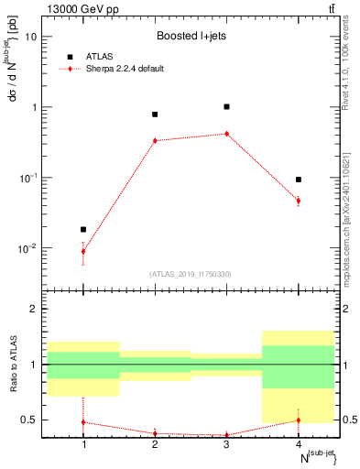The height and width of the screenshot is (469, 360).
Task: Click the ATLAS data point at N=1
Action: click(x=83, y=229)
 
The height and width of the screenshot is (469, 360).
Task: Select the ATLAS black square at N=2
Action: click(x=155, y=115)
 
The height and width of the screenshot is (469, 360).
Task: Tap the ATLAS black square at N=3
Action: click(x=226, y=106)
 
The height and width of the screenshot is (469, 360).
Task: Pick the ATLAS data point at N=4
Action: click(x=299, y=180)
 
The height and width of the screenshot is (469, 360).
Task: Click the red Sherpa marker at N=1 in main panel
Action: click(x=83, y=251)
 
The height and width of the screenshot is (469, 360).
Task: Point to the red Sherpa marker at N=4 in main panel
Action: click(x=299, y=201)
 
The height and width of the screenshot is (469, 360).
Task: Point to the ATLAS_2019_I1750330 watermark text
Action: click(x=191, y=273)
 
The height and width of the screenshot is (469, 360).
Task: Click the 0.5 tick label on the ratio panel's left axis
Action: click(x=32, y=420)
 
